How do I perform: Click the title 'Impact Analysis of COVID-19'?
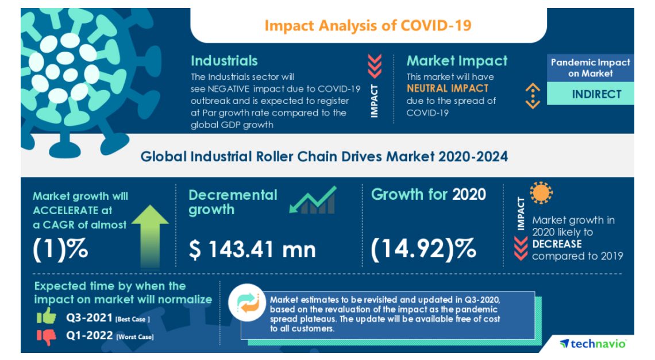368,26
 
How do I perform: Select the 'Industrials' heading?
224,61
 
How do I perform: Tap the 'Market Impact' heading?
457,61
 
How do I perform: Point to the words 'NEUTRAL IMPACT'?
448,88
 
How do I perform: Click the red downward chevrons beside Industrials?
375,66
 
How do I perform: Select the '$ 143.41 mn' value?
252,250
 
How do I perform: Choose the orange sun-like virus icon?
541,193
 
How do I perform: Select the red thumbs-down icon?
47,337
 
